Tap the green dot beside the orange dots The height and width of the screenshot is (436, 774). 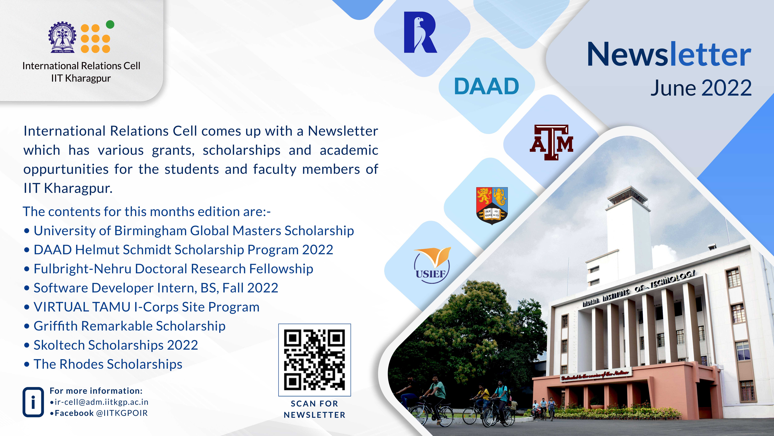click(x=110, y=24)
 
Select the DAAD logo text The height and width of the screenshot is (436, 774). click(x=486, y=86)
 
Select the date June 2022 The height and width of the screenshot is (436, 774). click(x=701, y=88)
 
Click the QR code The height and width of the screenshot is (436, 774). click(x=315, y=360)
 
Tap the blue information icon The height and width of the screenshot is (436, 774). click(x=33, y=402)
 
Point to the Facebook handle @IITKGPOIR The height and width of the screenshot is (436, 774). click(x=122, y=413)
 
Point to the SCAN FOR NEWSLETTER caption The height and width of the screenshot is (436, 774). click(x=315, y=409)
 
